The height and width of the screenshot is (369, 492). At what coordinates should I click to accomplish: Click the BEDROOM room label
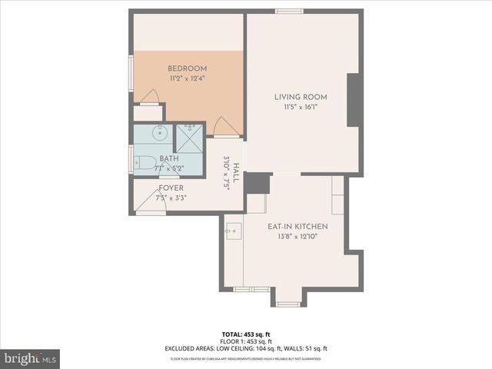tap(188, 68)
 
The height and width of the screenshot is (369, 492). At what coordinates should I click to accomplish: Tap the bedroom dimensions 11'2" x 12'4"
tap(188, 78)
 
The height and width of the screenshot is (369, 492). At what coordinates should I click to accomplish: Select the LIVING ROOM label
tap(301, 97)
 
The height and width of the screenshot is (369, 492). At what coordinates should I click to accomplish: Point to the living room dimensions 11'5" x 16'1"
tap(301, 107)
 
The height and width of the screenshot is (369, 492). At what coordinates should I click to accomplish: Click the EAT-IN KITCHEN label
tap(298, 227)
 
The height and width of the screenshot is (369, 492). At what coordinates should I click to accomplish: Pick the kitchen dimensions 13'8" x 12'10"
tap(298, 237)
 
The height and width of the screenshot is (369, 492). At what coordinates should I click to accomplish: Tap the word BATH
tap(169, 158)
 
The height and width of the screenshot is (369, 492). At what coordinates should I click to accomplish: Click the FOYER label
tap(171, 188)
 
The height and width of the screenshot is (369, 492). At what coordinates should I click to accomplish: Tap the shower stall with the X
tap(189, 137)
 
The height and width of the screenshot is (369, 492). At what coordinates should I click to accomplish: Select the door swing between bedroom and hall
tap(224, 126)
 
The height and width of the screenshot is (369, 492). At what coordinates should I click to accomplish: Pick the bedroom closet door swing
tap(151, 97)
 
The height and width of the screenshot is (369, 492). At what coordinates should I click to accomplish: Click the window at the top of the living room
tap(289, 12)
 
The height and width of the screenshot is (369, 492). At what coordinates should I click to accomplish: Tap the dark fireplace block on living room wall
tap(354, 100)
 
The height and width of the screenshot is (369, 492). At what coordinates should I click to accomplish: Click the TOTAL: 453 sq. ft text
tap(246, 335)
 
